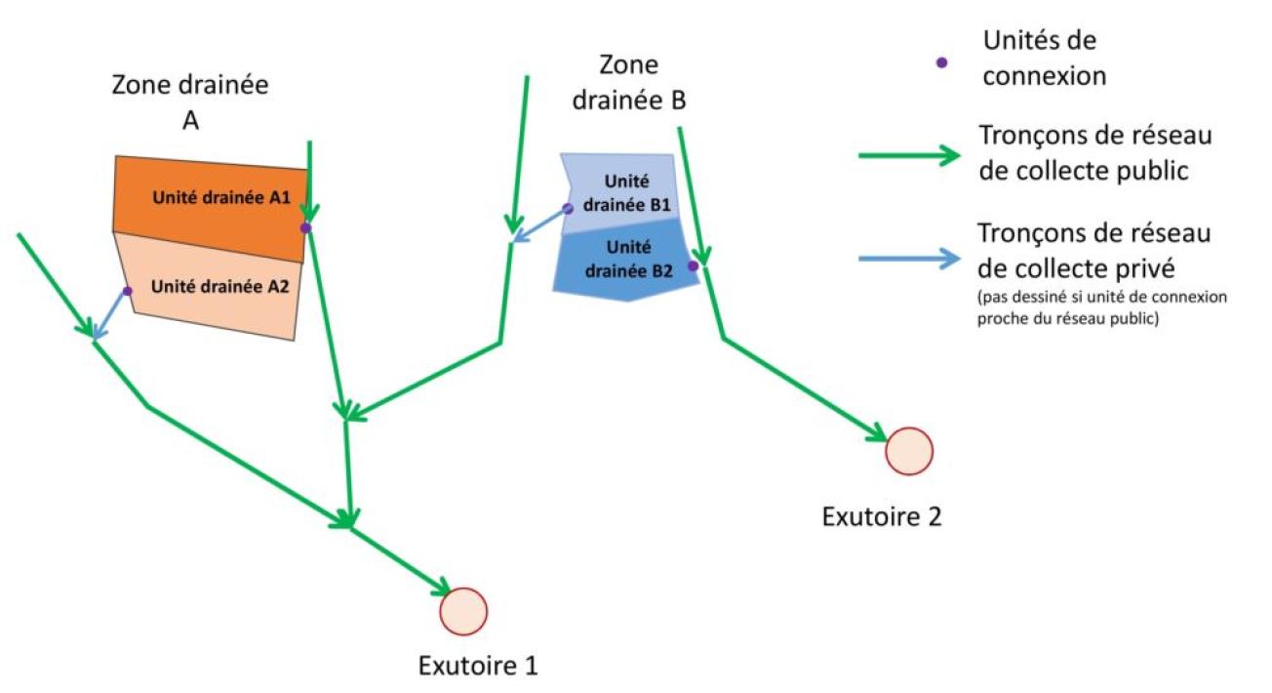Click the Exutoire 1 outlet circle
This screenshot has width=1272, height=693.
click(463, 611)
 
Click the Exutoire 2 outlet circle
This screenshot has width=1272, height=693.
click(910, 451)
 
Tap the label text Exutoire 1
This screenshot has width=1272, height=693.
click(478, 668)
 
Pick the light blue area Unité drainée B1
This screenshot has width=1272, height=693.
click(624, 190)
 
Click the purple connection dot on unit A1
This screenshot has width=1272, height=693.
click(304, 227)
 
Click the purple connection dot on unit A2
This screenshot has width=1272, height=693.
click(127, 291)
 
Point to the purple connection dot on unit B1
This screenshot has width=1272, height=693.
click(568, 209)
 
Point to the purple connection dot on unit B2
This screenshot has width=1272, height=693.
click(694, 265)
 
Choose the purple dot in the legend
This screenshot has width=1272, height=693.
click(941, 61)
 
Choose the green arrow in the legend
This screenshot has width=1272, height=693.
click(907, 155)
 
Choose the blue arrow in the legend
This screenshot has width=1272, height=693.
click(907, 260)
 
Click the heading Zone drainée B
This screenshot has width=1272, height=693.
click(629, 82)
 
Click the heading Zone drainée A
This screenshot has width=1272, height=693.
click(189, 101)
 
